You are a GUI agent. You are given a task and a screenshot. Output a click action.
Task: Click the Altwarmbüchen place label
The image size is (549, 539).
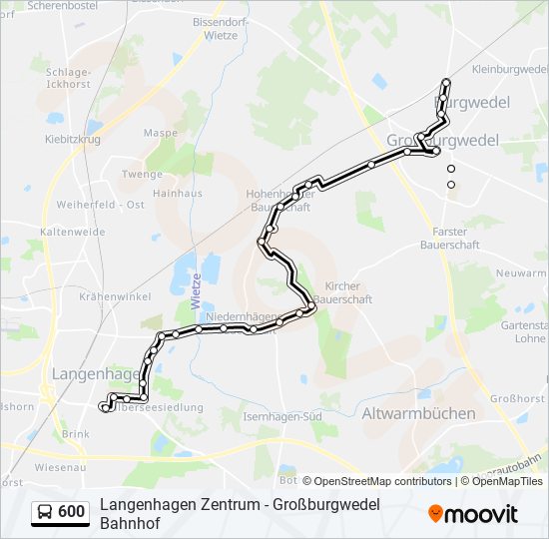(x=418, y=412)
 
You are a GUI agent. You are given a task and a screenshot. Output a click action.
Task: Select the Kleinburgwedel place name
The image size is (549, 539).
(x=508, y=70)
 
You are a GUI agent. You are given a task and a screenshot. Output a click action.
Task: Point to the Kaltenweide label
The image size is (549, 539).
(x=73, y=232)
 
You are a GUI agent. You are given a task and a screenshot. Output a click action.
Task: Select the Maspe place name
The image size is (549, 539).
(x=160, y=133)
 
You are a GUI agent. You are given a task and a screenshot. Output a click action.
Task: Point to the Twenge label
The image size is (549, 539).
(x=142, y=174)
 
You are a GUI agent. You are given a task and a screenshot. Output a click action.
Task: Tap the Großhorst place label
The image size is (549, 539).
(x=517, y=398)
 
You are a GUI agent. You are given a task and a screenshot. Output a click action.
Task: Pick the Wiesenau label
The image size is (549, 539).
(x=58, y=466)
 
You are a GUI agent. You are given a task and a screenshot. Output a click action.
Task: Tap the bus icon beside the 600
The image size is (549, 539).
(x=45, y=513)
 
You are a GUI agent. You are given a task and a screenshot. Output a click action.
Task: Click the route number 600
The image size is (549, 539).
(x=72, y=513)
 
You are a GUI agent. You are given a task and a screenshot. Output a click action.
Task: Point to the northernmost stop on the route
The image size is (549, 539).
(x=446, y=82)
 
